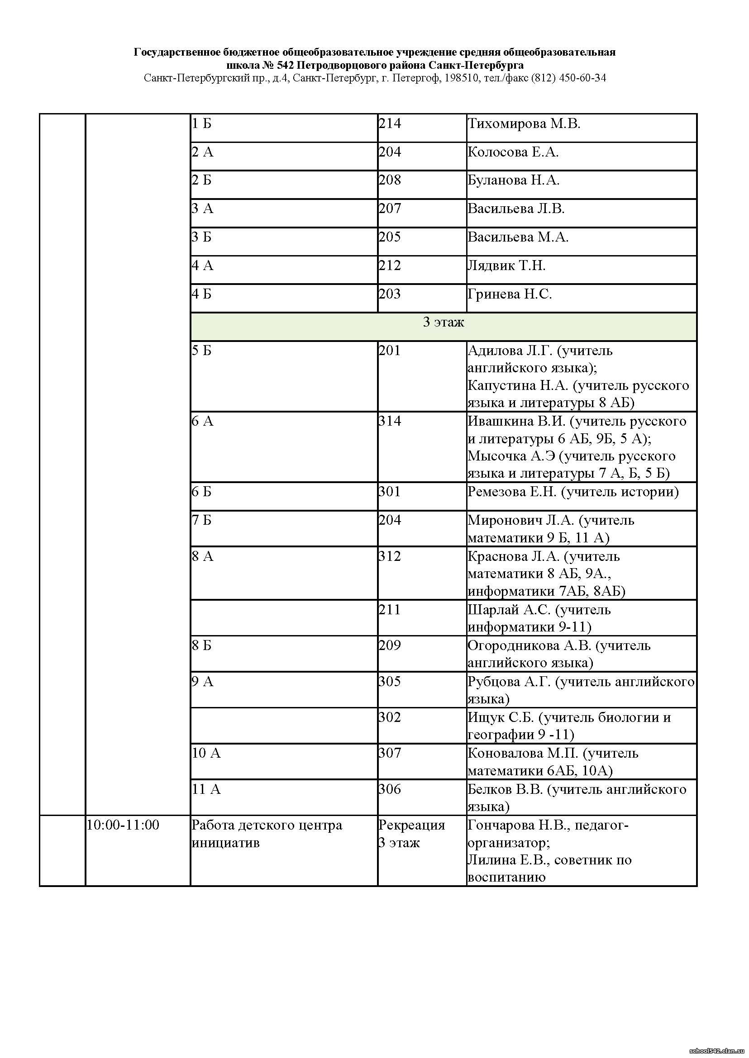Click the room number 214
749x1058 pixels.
(390, 123)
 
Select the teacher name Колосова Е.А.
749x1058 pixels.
(513, 152)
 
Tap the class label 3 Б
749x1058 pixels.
(201, 237)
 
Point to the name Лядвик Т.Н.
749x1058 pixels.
(506, 266)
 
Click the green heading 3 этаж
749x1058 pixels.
(443, 322)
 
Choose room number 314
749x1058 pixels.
(390, 421)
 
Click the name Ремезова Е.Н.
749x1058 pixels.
(511, 492)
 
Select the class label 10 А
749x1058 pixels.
(206, 753)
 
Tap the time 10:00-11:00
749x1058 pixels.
(123, 825)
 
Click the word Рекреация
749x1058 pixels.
(411, 825)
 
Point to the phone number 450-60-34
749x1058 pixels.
(582, 78)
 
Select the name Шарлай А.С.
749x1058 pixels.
(509, 610)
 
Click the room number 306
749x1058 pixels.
(390, 789)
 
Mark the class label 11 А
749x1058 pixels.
(206, 789)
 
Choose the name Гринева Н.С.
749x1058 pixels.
(510, 294)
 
